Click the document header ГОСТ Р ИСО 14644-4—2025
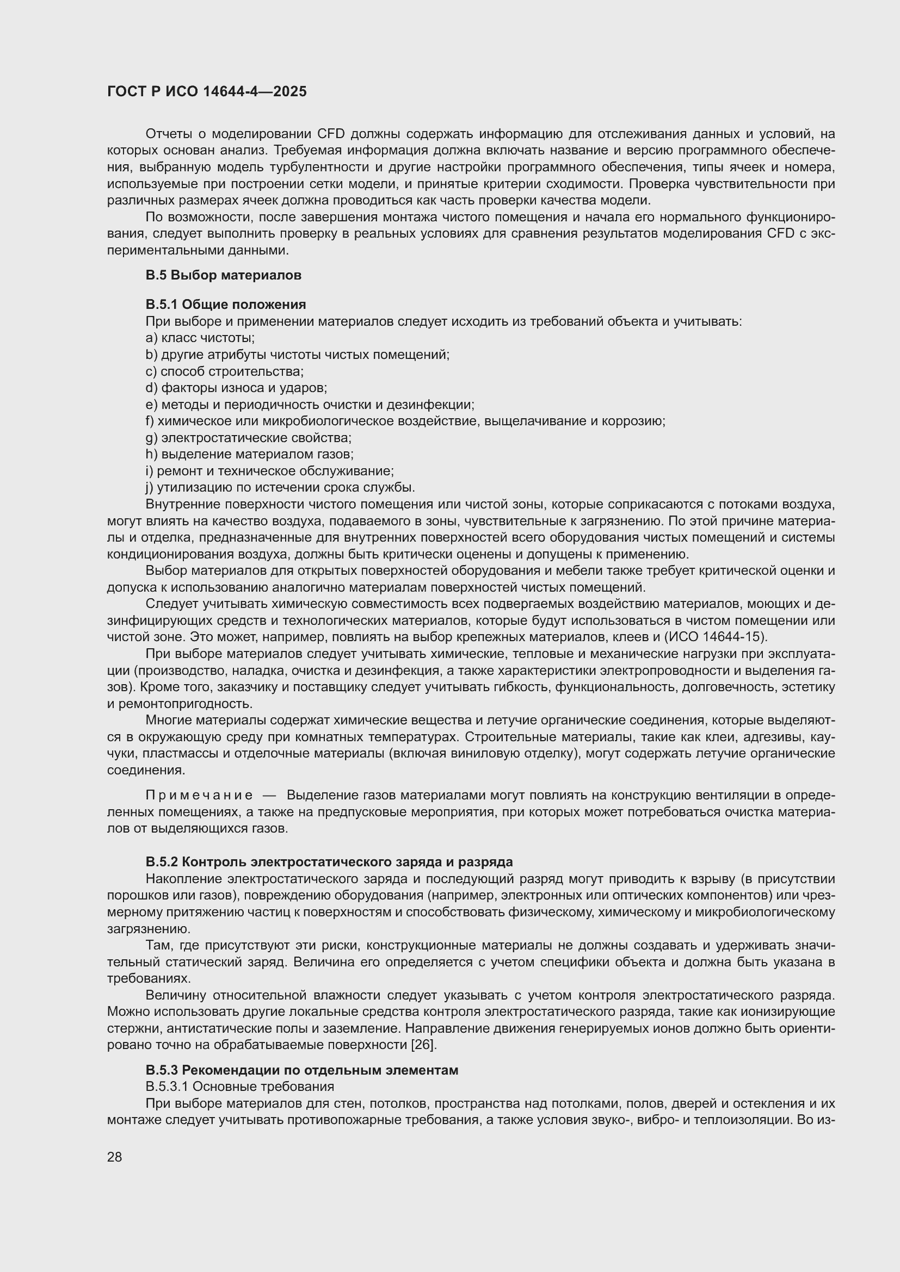(207, 91)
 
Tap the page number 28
(115, 1157)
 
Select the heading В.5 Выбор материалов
(223, 275)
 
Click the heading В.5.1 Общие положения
(226, 304)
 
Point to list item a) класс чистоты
(200, 338)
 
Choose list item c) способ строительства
(224, 371)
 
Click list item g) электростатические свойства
(248, 438)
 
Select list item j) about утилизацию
(280, 487)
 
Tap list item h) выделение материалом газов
(249, 454)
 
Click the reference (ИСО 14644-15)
(716, 636)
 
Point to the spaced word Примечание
(199, 795)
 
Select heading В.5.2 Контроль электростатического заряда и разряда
(329, 861)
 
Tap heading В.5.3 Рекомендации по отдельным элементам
(301, 1070)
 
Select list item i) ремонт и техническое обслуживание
(269, 471)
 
